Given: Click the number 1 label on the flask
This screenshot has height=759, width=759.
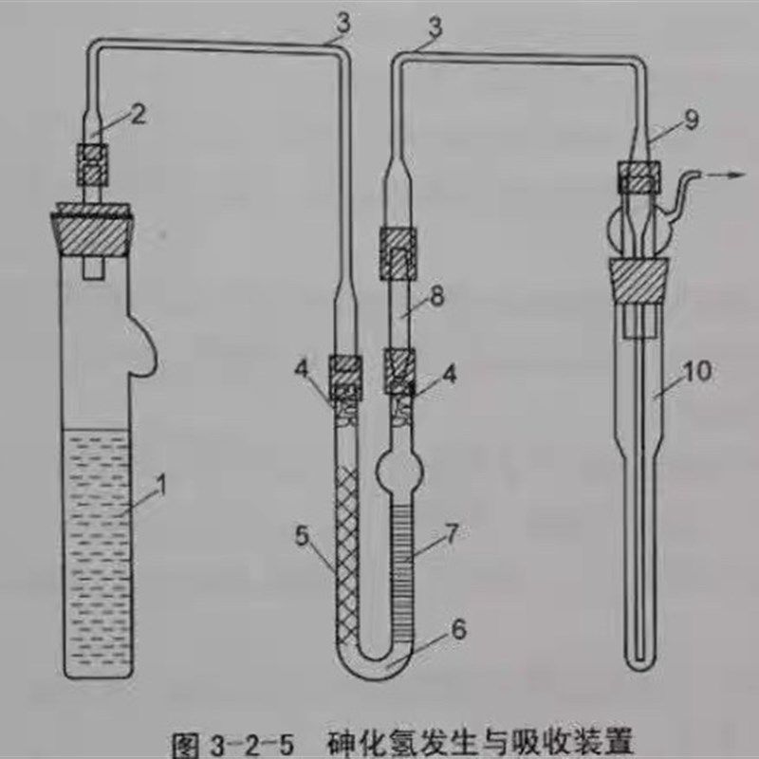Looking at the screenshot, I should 161,483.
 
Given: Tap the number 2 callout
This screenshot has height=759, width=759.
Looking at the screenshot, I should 139,114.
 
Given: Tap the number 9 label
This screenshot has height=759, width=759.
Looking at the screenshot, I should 692,120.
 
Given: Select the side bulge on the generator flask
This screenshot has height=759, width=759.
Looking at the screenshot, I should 142,346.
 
